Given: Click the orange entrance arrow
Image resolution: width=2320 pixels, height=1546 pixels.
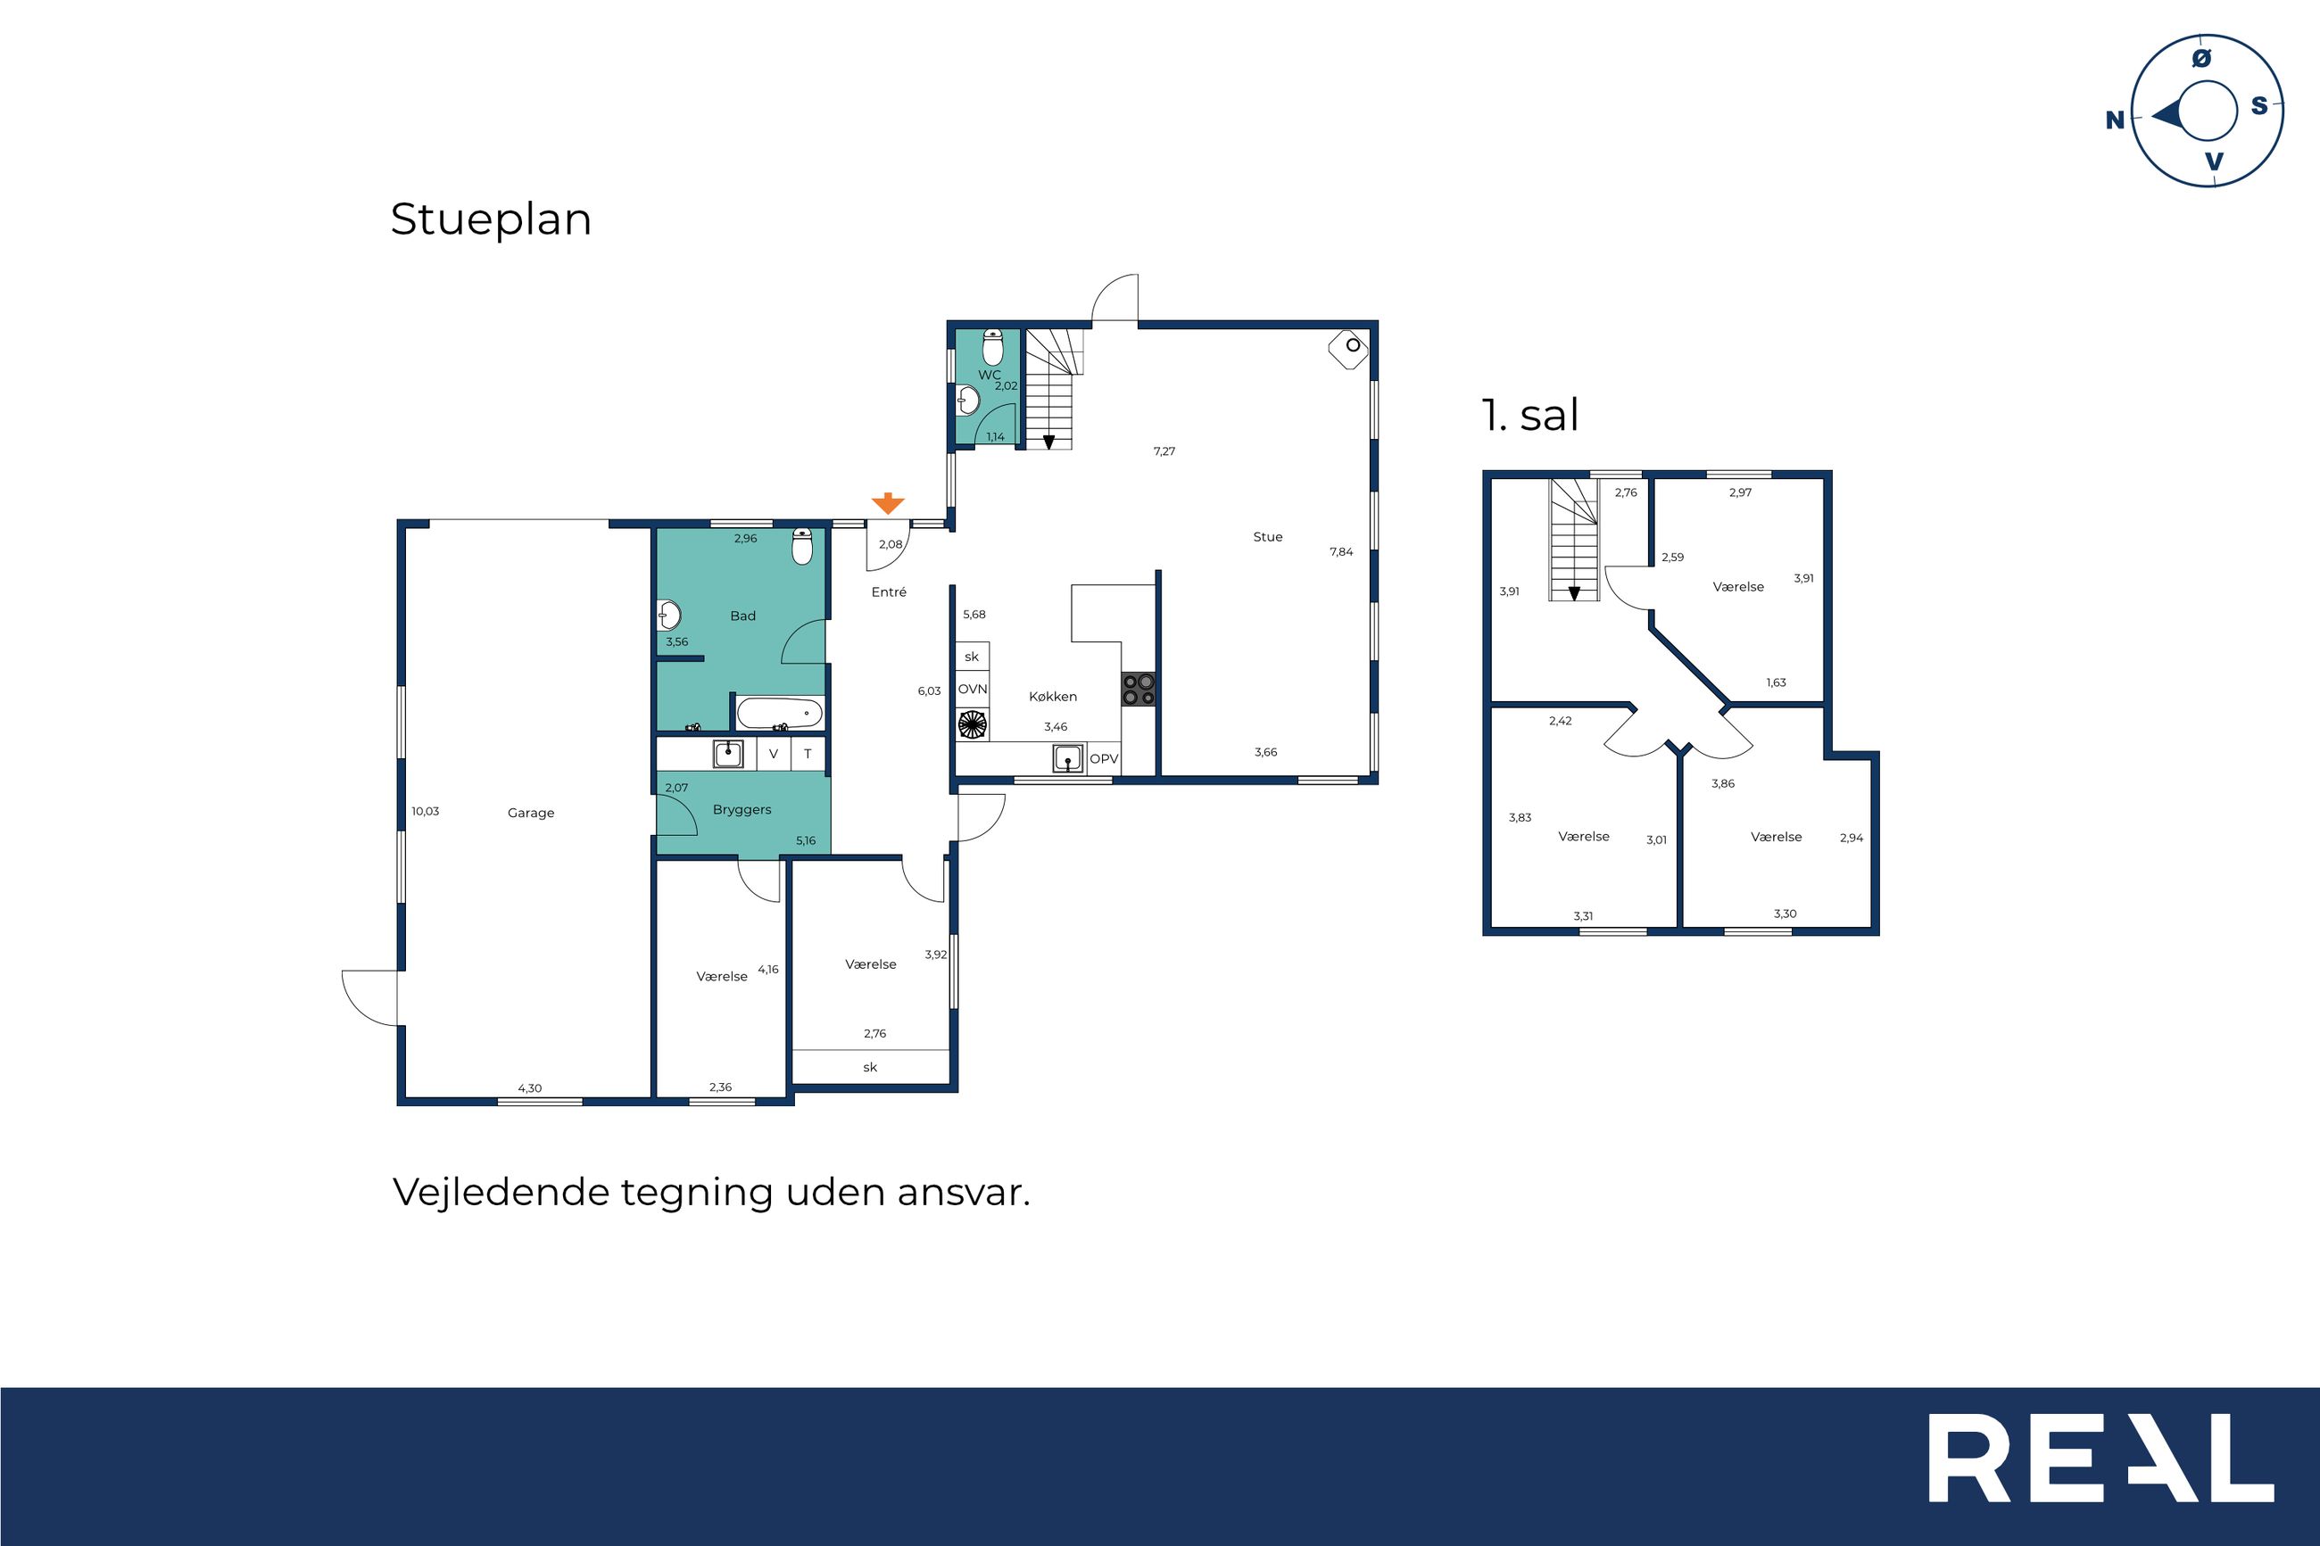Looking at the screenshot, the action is click(x=887, y=503).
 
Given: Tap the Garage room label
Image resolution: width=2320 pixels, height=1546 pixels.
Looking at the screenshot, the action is click(x=530, y=814).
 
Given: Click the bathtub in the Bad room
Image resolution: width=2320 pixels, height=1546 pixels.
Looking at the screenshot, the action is click(x=779, y=712).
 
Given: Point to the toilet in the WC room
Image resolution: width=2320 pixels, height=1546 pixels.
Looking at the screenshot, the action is click(x=993, y=347).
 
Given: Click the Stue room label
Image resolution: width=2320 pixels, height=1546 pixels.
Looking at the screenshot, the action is click(x=1268, y=537).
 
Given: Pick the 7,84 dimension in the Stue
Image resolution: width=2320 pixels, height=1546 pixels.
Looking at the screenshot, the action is click(x=1341, y=552).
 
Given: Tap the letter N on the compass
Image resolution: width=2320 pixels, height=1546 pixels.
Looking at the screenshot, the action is click(x=2115, y=120).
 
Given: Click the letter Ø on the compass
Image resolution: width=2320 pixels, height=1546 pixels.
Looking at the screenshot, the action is click(x=2200, y=59).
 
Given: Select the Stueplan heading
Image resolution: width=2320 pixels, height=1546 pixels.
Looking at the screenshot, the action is click(x=491, y=219).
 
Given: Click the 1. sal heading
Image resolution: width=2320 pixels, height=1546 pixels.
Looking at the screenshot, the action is click(x=1530, y=414).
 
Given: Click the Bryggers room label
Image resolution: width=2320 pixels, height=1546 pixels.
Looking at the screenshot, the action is click(x=742, y=810).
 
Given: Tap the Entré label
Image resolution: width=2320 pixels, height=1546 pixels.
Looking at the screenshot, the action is click(x=889, y=591).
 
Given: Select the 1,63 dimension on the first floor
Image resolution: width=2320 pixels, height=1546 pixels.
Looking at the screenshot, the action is click(x=1776, y=682).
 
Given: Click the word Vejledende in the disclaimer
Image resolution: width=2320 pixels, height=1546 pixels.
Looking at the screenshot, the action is click(x=501, y=1192).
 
